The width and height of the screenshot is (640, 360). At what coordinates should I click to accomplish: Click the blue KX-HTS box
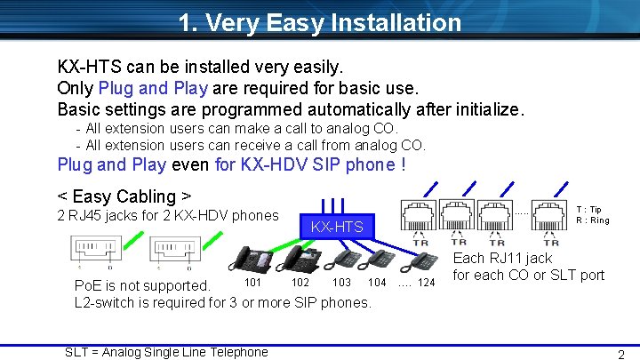[x=337, y=227]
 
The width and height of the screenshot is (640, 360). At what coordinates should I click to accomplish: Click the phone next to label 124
[x=425, y=260]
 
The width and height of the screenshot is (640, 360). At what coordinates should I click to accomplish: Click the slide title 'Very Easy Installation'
[x=319, y=22]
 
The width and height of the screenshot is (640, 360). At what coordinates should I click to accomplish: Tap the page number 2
[x=621, y=353]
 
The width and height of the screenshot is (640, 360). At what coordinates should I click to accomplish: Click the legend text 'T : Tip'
[x=589, y=210]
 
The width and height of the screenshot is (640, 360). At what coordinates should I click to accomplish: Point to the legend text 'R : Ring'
[x=592, y=220]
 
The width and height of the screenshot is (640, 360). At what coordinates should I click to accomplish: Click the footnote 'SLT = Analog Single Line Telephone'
[x=166, y=352]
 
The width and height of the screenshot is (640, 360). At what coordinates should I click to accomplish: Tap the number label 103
[x=341, y=283]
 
